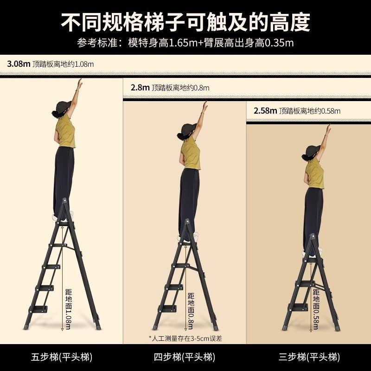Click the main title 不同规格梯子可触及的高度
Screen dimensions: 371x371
[185, 21]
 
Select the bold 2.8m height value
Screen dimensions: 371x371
[140, 87]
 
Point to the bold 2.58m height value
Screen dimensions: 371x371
[265, 111]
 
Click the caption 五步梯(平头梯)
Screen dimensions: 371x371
[62, 357]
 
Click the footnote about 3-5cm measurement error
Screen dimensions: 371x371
[185, 338]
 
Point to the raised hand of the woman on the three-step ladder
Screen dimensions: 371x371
[328, 129]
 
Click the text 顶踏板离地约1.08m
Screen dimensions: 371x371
[63, 64]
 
